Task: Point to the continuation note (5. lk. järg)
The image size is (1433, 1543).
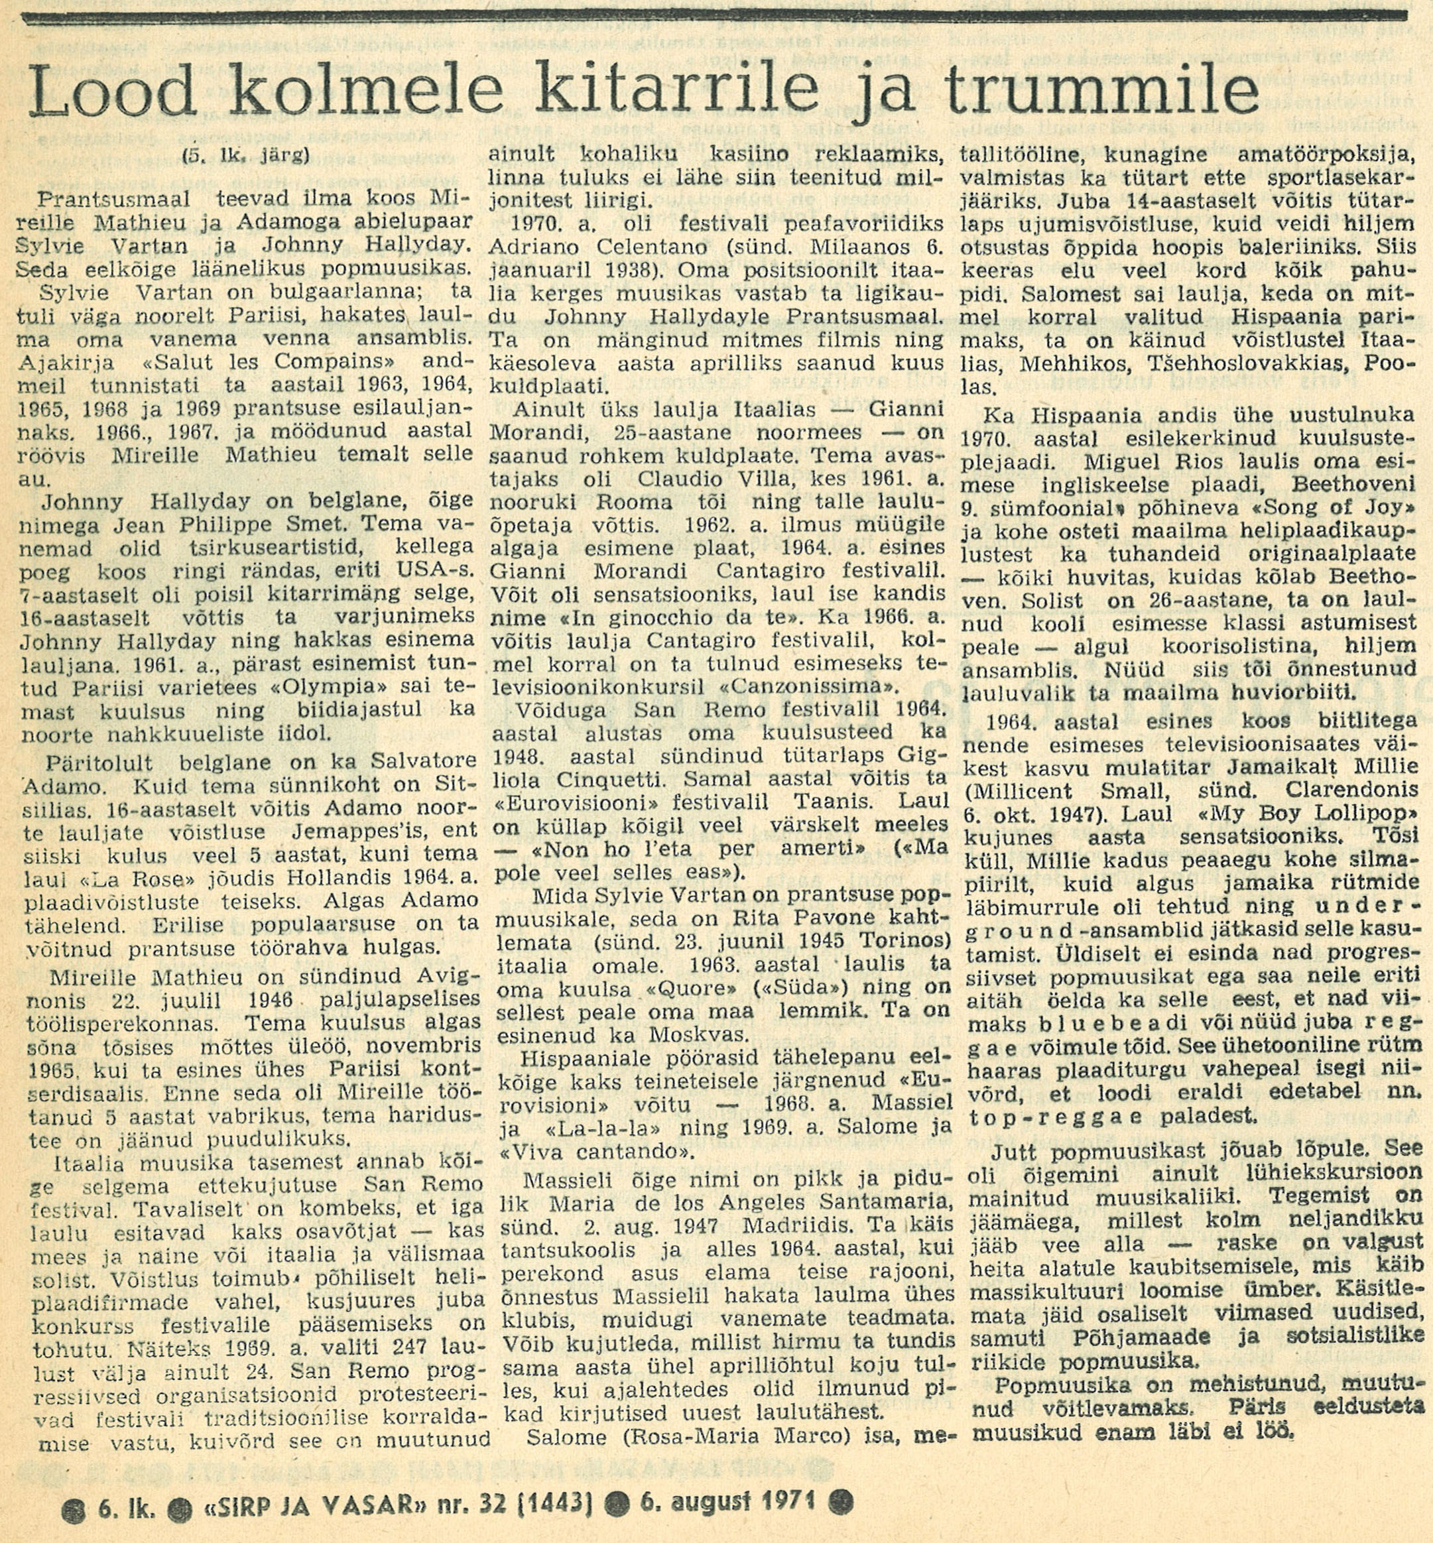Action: tap(246, 155)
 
